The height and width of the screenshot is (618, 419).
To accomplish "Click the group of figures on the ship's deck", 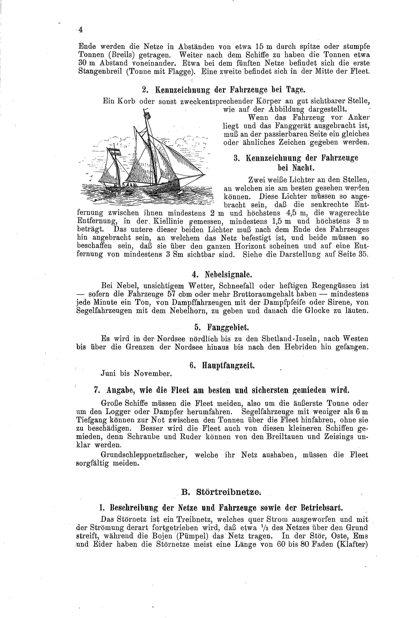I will coord(129,184).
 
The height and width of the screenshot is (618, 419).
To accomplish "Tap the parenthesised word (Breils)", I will coord(117,55).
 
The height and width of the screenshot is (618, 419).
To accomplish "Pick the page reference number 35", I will coord(363,254).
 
